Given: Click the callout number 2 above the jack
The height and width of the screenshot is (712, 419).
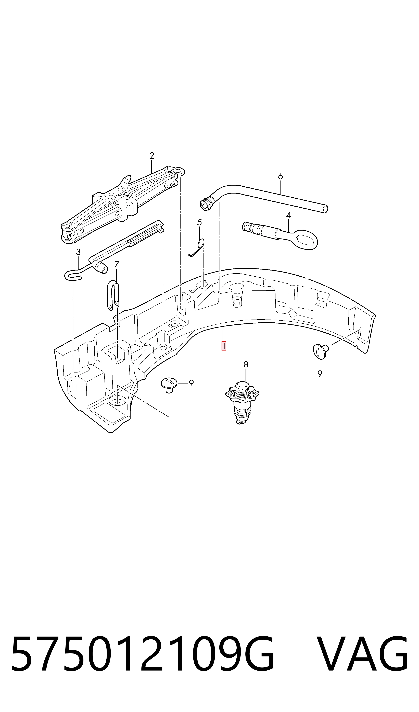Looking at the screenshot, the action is click(152, 156).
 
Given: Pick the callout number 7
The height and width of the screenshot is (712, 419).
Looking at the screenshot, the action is click(117, 265).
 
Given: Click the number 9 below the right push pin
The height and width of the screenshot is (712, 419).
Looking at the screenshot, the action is click(320, 374).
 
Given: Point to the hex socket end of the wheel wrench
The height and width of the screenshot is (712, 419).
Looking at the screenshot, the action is click(208, 203).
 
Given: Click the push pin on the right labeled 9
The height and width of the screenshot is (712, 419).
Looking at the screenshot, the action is click(321, 350).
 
